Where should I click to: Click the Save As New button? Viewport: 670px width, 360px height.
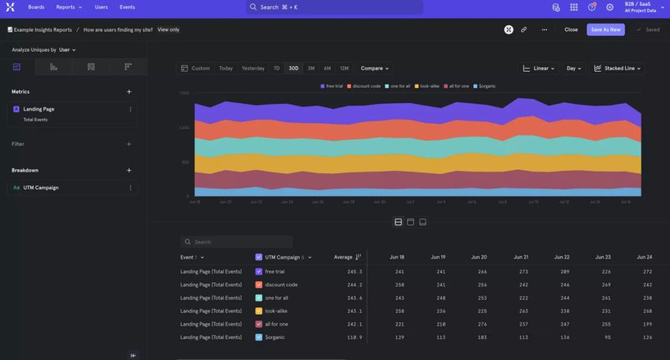606,29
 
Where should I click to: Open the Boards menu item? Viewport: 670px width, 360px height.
36,7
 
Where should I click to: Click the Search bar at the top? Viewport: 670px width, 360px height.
334,7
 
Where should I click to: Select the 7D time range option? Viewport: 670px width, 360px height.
276,68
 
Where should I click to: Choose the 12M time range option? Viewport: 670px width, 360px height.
344,68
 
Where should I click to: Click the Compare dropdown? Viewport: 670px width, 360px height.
376,68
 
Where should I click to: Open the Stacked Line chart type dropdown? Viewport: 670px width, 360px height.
619,68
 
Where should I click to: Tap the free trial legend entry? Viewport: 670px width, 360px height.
334,86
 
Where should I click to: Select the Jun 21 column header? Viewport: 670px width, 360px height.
521,257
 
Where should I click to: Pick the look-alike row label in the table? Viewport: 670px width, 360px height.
276,311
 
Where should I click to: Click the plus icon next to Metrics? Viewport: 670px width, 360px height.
128,91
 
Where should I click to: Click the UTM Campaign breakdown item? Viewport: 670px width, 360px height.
40,188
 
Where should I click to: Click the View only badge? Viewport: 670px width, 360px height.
168,29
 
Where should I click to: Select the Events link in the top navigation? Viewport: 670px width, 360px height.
126,7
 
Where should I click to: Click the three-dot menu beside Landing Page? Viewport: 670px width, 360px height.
130,109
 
